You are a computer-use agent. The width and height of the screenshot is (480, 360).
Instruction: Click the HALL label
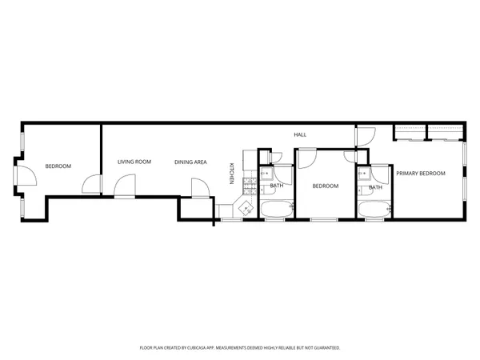click(x=300, y=134)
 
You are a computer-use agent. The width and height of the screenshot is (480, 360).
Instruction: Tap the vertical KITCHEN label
click(x=232, y=174)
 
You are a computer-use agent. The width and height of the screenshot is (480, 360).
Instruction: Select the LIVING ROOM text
click(x=134, y=162)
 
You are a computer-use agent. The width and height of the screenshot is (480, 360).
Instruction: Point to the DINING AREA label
click(x=191, y=162)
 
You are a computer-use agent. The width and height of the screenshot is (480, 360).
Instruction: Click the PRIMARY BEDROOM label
click(x=421, y=173)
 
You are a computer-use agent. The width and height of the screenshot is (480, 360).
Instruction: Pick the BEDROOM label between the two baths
click(x=325, y=186)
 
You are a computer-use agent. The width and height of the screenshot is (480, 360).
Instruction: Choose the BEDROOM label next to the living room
click(x=58, y=166)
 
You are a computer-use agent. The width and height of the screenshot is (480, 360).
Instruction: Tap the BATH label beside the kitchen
click(x=277, y=186)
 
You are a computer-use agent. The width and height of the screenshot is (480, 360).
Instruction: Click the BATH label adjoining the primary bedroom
click(x=375, y=188)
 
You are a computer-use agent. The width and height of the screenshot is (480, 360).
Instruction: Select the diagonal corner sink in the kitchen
click(x=245, y=208)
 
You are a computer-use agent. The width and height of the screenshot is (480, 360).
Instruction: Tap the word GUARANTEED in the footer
click(x=323, y=348)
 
